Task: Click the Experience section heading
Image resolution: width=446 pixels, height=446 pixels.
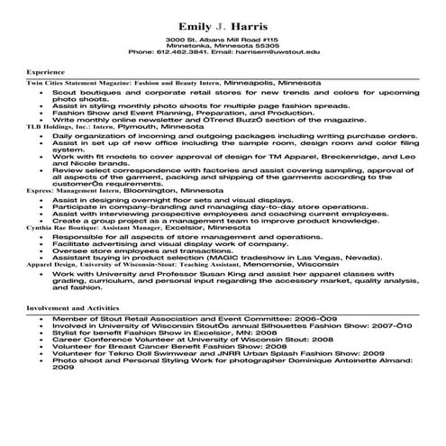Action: (45, 69)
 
